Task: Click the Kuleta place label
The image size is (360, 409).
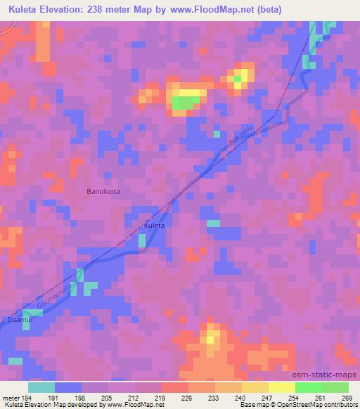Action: pos(154,226)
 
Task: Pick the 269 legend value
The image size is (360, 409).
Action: pos(347,398)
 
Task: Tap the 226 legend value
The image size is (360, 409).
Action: pos(187,398)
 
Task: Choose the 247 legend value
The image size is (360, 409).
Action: pos(267,398)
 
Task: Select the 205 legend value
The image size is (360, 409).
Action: pos(107,398)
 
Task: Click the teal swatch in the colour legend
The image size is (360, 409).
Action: pos(41,387)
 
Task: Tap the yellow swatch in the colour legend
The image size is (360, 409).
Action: pos(282,387)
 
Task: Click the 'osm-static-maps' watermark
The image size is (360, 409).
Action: pos(328,376)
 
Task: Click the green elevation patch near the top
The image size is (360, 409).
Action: pos(184,104)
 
